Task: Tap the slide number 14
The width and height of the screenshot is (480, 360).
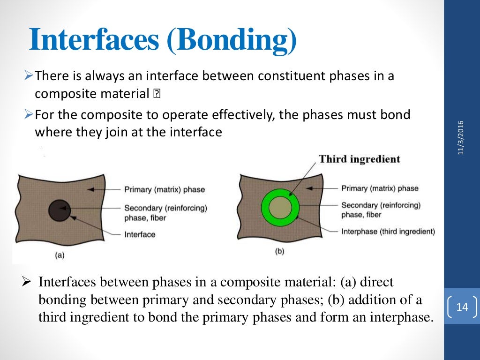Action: tap(462, 307)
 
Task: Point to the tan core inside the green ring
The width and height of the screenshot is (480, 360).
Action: tap(280, 206)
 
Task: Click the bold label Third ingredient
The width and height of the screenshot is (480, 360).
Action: tap(360, 159)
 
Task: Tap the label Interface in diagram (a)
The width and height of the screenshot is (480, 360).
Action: tap(140, 234)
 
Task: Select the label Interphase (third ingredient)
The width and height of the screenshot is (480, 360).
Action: tap(388, 231)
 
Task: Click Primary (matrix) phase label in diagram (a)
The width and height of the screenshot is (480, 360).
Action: tap(165, 190)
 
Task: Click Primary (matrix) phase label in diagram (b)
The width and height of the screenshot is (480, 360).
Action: tap(380, 188)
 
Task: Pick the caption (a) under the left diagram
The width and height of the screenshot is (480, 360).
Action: tap(60, 255)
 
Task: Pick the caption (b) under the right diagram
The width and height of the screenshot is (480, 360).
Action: tap(279, 252)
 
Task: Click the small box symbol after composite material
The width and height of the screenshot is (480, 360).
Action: tap(157, 94)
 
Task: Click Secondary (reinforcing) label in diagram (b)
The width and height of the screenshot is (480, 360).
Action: tap(381, 205)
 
